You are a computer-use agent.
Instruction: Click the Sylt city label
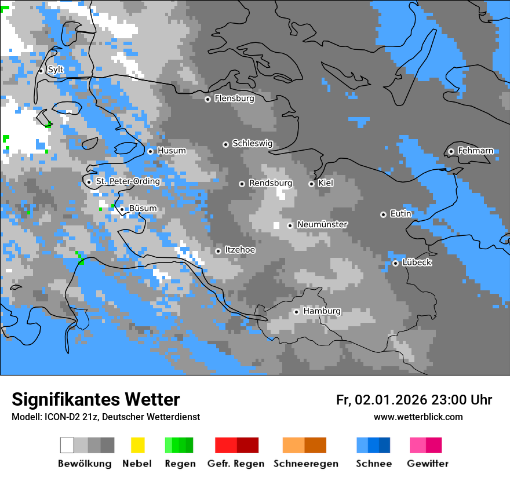[x=56, y=70]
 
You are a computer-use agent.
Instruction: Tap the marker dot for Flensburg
[x=207, y=99]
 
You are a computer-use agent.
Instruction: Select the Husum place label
[x=172, y=151]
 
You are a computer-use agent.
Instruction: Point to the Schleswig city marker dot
[x=225, y=144]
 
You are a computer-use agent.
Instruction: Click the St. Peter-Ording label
[x=128, y=181]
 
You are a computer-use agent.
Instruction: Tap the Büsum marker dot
[x=122, y=209]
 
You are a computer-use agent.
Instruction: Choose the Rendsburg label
[x=271, y=183]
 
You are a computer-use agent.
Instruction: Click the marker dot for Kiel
[x=311, y=184]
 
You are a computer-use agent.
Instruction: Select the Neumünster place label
[x=322, y=224]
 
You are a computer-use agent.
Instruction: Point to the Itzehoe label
[x=240, y=250]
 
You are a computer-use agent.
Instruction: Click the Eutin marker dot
[x=383, y=214]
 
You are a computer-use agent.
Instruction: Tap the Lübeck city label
[x=417, y=263]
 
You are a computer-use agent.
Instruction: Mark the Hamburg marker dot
[x=296, y=312]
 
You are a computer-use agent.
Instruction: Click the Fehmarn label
[x=475, y=151]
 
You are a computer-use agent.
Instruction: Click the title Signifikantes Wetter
[x=96, y=399]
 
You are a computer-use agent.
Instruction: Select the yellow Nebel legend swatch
[x=137, y=445]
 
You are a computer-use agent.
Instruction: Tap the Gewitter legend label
[x=428, y=464]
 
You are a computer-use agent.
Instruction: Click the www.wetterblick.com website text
[x=418, y=417]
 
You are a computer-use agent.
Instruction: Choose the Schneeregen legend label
[x=306, y=464]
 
